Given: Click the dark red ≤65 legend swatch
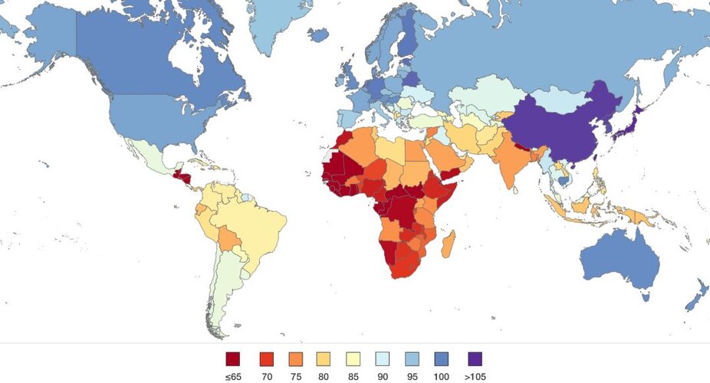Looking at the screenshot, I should [x=233, y=358].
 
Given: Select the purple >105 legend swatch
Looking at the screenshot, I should [x=475, y=358].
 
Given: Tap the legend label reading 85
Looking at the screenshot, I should [x=354, y=376].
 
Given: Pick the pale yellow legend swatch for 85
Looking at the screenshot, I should [x=354, y=358].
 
